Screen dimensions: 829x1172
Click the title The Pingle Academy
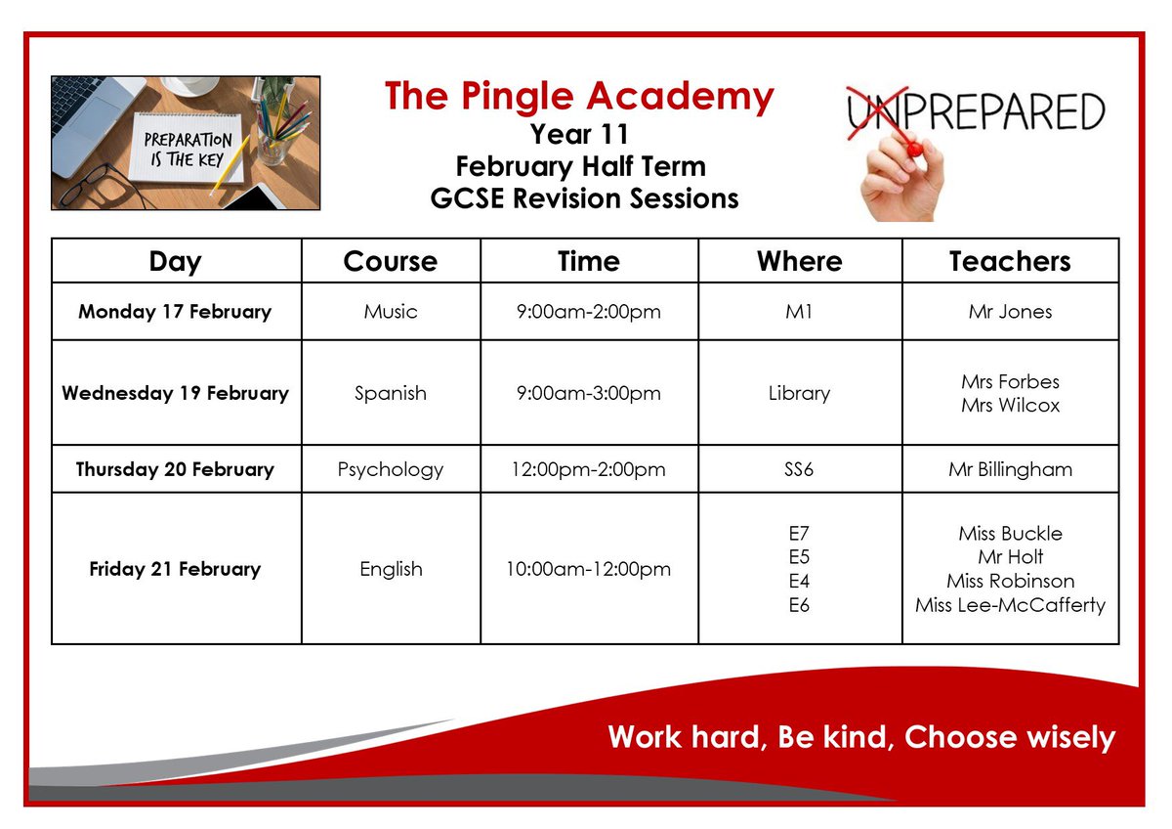coord(579,96)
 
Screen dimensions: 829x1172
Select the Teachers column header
coord(1010,261)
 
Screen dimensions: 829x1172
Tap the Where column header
coord(799,261)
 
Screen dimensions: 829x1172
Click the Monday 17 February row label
coord(175,312)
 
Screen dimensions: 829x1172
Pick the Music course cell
coord(391,312)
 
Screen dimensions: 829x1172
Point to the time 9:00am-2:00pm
coord(589,312)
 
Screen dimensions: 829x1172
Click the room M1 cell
coord(799,312)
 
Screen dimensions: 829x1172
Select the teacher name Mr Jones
coord(1010,312)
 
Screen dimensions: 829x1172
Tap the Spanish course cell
coord(391,393)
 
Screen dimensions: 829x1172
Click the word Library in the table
coord(799,393)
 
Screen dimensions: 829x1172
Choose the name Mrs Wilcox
coord(1010,405)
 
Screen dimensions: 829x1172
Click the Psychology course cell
coord(391,469)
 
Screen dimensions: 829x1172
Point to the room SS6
coord(799,469)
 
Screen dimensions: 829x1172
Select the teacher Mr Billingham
coord(1010,469)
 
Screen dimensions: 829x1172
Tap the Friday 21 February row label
coord(175,569)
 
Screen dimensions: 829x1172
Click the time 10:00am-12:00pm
coord(589,569)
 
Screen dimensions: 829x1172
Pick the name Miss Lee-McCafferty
coord(1010,605)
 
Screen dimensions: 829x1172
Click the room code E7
coord(799,534)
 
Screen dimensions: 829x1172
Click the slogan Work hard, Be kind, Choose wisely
coord(860,736)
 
